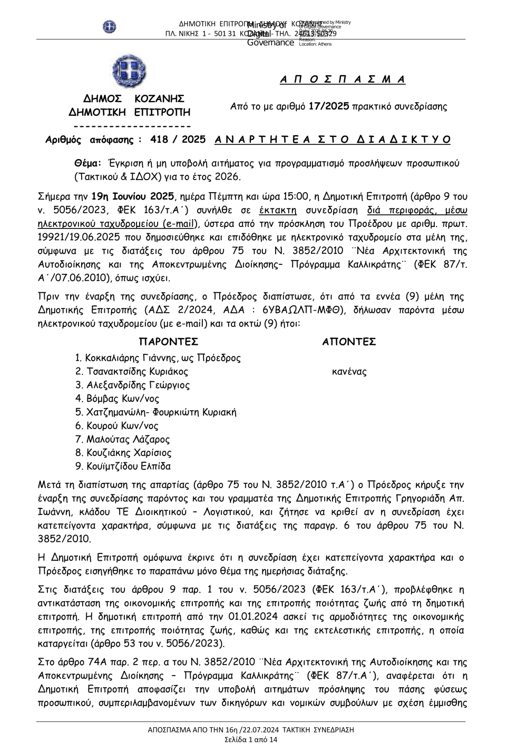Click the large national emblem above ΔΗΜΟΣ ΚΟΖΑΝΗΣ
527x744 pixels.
(129, 72)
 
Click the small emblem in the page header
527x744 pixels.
(109, 26)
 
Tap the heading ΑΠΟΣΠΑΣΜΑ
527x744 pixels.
(343, 80)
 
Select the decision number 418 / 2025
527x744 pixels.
(178, 140)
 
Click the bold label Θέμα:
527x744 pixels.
(88, 163)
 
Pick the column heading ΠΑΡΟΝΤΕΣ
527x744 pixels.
(168, 342)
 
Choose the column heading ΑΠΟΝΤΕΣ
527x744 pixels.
(349, 342)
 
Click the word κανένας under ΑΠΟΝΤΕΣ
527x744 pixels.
(349, 372)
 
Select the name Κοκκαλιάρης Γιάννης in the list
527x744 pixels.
(132, 358)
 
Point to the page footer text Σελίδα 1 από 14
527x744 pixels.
(251, 739)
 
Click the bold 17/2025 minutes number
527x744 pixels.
(329, 106)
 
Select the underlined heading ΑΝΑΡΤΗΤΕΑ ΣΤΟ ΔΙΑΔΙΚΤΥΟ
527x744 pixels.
(333, 140)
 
